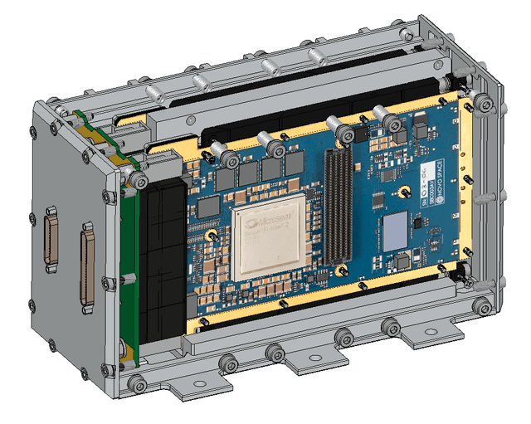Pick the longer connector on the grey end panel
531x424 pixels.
(x=87, y=266)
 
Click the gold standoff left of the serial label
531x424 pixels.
(x=402, y=193)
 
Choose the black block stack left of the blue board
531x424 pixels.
(x=163, y=266)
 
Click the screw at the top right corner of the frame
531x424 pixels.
(x=482, y=103)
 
